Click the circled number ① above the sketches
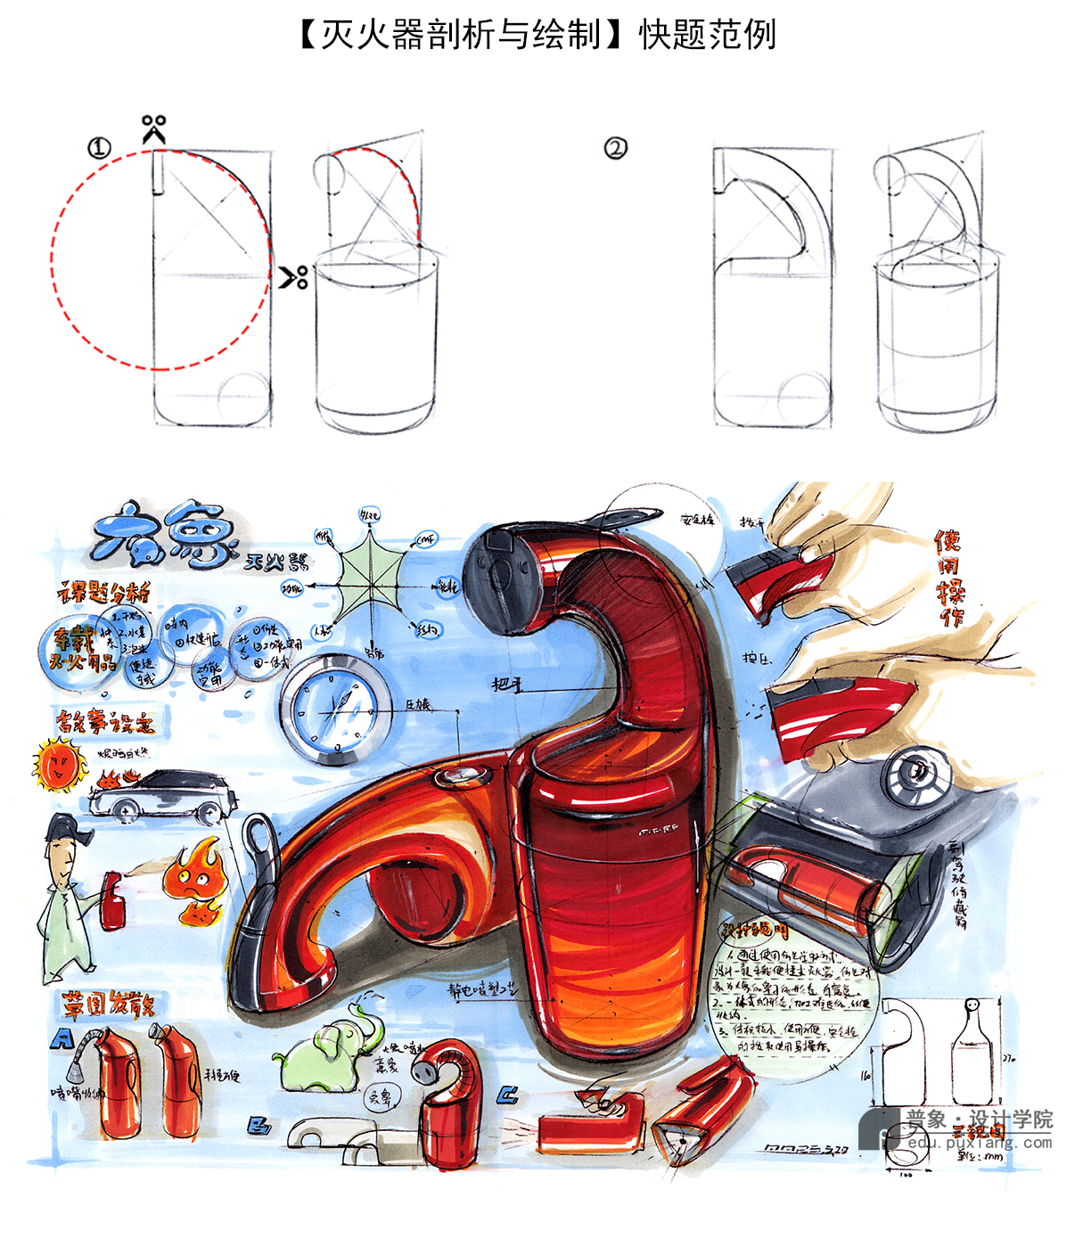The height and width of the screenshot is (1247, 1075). point(99,148)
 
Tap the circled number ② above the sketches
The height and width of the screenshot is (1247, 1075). point(615,148)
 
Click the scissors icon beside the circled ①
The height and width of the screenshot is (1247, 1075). point(154,128)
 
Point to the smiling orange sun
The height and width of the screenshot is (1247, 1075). point(58,765)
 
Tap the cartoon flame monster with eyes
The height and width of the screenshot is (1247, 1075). point(193,879)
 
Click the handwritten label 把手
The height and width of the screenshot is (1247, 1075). point(506,684)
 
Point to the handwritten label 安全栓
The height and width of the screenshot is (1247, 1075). point(697,520)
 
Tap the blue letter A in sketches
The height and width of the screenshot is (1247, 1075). point(62,1038)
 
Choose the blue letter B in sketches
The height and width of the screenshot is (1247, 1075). point(258,1127)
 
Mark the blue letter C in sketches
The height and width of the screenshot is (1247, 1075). point(508,1095)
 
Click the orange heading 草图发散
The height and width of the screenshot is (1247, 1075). point(107,1005)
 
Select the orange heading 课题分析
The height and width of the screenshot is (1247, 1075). point(103,592)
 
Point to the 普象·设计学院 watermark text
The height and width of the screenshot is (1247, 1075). point(979,1120)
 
